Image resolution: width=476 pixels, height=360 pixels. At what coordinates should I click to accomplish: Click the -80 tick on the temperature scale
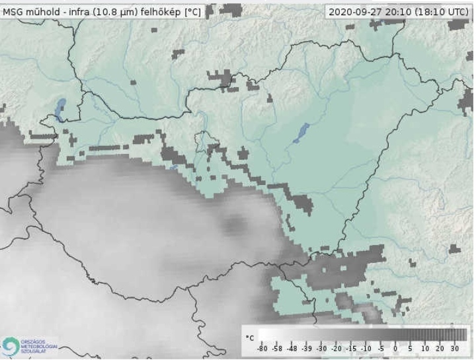pos(262,349)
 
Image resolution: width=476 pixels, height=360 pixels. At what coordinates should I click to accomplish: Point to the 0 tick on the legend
pos(395,349)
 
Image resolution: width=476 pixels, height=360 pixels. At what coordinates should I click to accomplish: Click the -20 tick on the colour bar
pos(337,349)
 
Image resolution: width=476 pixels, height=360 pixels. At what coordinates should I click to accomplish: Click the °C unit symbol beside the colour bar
pos(249,338)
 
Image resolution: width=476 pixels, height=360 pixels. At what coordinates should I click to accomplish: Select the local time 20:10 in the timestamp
pos(393,11)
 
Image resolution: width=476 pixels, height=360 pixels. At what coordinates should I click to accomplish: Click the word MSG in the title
pos(13,11)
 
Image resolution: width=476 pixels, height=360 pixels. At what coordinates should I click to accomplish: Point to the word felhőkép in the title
pos(160,11)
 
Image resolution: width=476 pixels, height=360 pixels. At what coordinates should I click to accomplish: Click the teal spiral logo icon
pos(11,345)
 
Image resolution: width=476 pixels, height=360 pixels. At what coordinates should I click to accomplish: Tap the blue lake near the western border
pos(61,108)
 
